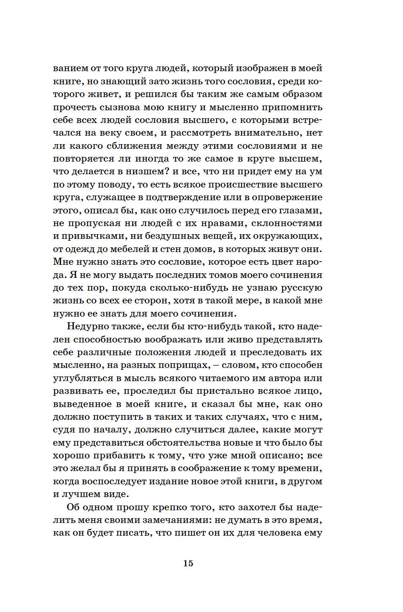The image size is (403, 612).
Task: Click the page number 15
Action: point(188,563)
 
